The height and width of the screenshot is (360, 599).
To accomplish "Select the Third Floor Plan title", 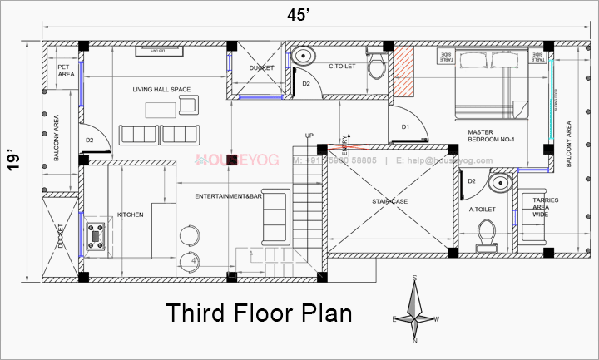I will click(x=259, y=314).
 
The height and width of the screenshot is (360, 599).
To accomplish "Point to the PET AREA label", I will click(x=66, y=71).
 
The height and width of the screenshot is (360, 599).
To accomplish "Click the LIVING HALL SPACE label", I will click(x=161, y=89).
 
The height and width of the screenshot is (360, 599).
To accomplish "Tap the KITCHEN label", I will click(x=131, y=215).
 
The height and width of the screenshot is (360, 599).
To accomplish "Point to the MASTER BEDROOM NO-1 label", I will click(x=491, y=136).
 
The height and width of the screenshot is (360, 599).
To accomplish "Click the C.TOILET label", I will click(x=344, y=66).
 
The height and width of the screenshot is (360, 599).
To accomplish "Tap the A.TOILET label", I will click(x=483, y=210).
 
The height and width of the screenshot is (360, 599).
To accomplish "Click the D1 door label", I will click(x=405, y=127).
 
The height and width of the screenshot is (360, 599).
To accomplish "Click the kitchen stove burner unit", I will click(x=96, y=234).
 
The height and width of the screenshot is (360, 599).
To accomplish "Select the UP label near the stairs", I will click(x=309, y=136).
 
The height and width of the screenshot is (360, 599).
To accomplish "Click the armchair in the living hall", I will click(x=187, y=104).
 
